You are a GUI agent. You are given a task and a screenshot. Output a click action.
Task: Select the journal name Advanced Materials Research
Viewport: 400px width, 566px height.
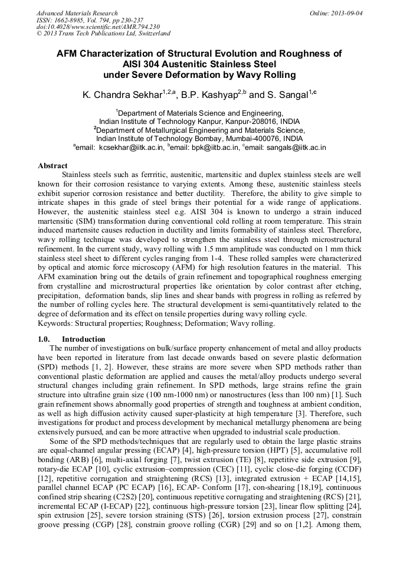point(77,13)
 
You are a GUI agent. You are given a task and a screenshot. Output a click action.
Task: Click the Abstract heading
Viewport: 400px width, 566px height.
point(53,166)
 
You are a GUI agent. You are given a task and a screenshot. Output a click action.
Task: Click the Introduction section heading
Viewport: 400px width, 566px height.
point(83,339)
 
